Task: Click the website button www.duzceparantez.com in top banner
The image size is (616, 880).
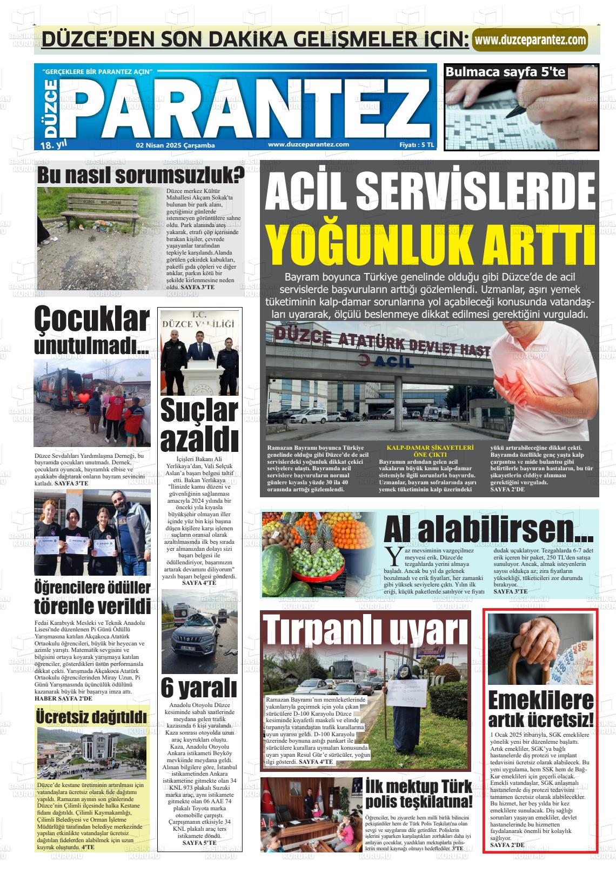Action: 530,40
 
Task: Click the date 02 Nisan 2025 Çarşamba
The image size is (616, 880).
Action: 176,145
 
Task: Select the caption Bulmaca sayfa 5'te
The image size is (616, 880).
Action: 505,72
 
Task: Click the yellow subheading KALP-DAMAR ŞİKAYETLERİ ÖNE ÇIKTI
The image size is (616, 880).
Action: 430,451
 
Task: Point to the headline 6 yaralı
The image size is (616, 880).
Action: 199,688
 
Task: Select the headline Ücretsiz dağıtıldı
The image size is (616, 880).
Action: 91,716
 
